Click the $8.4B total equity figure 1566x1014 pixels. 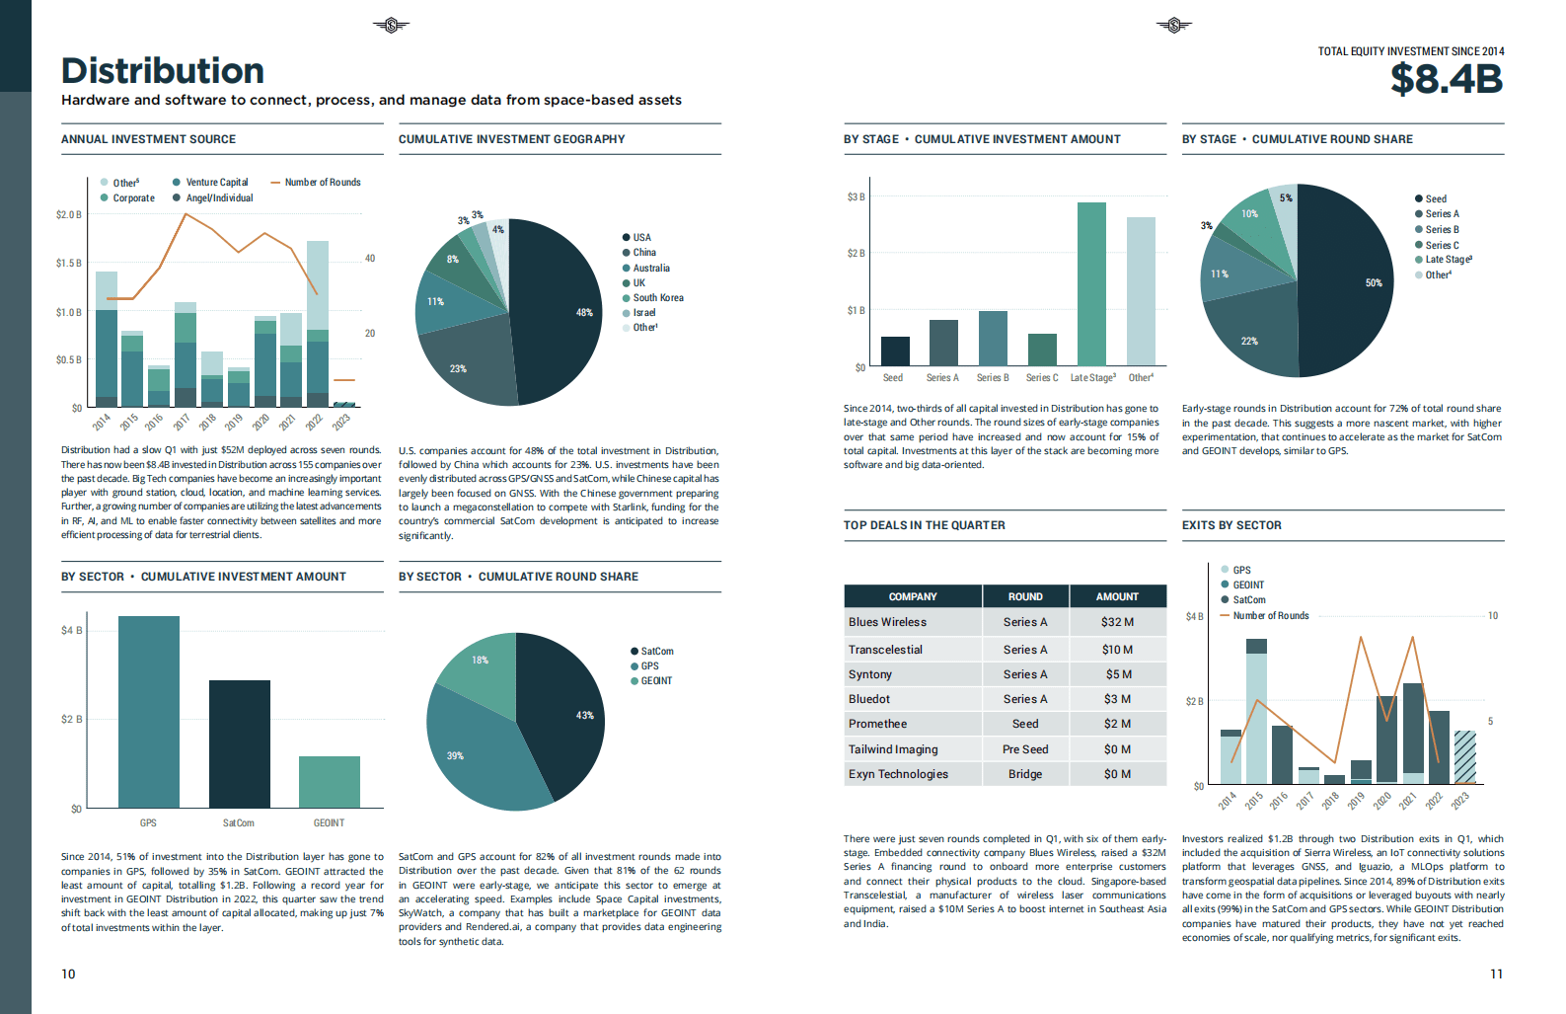[1446, 79]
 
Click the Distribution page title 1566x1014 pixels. [163, 71]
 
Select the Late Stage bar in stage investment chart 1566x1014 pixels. [1091, 283]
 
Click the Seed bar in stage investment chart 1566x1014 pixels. [895, 351]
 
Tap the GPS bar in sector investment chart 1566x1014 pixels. [149, 711]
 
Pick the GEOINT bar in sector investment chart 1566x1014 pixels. [330, 782]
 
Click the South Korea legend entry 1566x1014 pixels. [657, 297]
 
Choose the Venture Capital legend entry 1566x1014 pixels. [216, 183]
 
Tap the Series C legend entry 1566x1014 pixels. [1442, 245]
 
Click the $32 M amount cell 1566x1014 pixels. [1117, 622]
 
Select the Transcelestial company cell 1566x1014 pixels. [885, 650]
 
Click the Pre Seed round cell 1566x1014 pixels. [1025, 749]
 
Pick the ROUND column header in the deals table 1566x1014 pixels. [1025, 596]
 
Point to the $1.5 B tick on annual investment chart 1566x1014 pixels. [69, 264]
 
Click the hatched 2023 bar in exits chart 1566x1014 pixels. [1465, 756]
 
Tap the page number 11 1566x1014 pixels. [1496, 974]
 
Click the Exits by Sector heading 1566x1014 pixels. [1231, 525]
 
